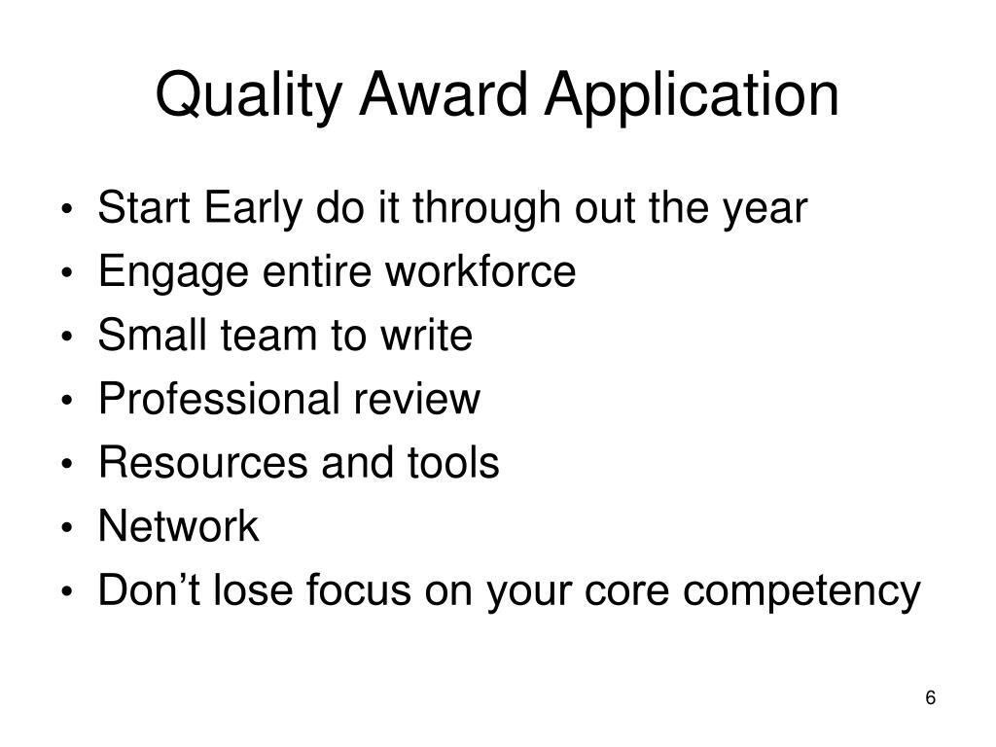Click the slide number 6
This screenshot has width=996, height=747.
pyautogui.click(x=931, y=698)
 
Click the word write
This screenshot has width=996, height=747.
pyautogui.click(x=429, y=336)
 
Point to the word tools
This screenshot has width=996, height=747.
pyautogui.click(x=453, y=463)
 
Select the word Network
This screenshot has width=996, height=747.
pyautogui.click(x=179, y=527)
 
